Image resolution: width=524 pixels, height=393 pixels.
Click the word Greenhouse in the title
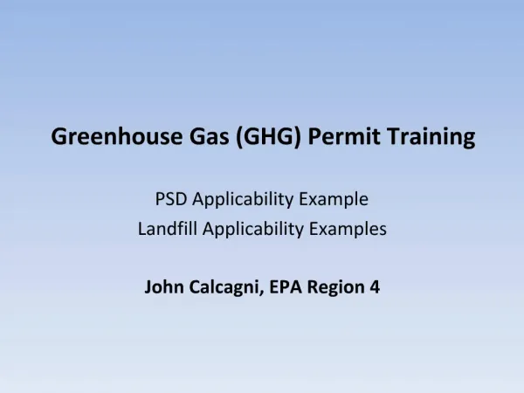pyautogui.click(x=117, y=136)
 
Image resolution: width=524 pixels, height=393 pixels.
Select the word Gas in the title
pyautogui.click(x=210, y=136)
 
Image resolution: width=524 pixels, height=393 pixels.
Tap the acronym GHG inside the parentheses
pyautogui.click(x=269, y=136)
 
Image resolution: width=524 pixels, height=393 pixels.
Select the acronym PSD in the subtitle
pyautogui.click(x=171, y=199)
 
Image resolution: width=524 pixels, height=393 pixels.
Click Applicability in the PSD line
pyautogui.click(x=243, y=200)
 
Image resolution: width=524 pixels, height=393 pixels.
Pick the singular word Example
pyautogui.click(x=334, y=200)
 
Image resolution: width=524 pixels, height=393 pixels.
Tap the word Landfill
pyautogui.click(x=168, y=229)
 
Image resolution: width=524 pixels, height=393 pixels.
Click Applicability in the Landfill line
pyautogui.click(x=253, y=230)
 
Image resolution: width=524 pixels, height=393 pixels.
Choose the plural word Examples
pyautogui.click(x=348, y=230)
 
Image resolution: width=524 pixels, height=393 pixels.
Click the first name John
pyautogui.click(x=164, y=287)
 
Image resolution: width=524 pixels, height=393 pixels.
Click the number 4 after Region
pyautogui.click(x=375, y=287)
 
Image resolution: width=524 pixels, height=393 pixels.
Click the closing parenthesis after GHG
pyautogui.click(x=298, y=137)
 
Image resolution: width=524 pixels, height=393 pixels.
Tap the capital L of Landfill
pyautogui.click(x=142, y=229)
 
